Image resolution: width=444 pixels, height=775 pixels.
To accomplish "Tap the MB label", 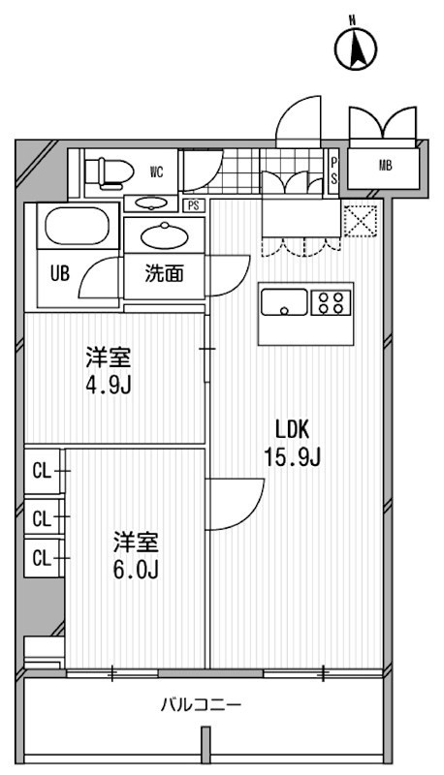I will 386,166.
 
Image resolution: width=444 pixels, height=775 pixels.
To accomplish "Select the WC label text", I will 155,171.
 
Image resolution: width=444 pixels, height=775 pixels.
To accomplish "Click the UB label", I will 60,273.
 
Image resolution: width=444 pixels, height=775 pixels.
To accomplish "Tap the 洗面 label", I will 164,274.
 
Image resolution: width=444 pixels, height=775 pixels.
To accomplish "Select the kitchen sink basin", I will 285,302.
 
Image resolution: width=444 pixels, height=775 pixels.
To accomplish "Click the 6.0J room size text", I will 138,567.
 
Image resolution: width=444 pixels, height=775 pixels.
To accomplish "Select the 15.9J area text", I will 297,455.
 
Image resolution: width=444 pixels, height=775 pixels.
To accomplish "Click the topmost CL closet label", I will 41,472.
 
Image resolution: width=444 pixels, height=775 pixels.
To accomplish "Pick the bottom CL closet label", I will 41,557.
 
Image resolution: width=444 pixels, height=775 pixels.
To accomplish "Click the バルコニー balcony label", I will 201,705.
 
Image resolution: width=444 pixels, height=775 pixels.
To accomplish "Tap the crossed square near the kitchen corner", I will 359,222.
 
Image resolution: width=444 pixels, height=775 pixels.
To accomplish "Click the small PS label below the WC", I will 194,204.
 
